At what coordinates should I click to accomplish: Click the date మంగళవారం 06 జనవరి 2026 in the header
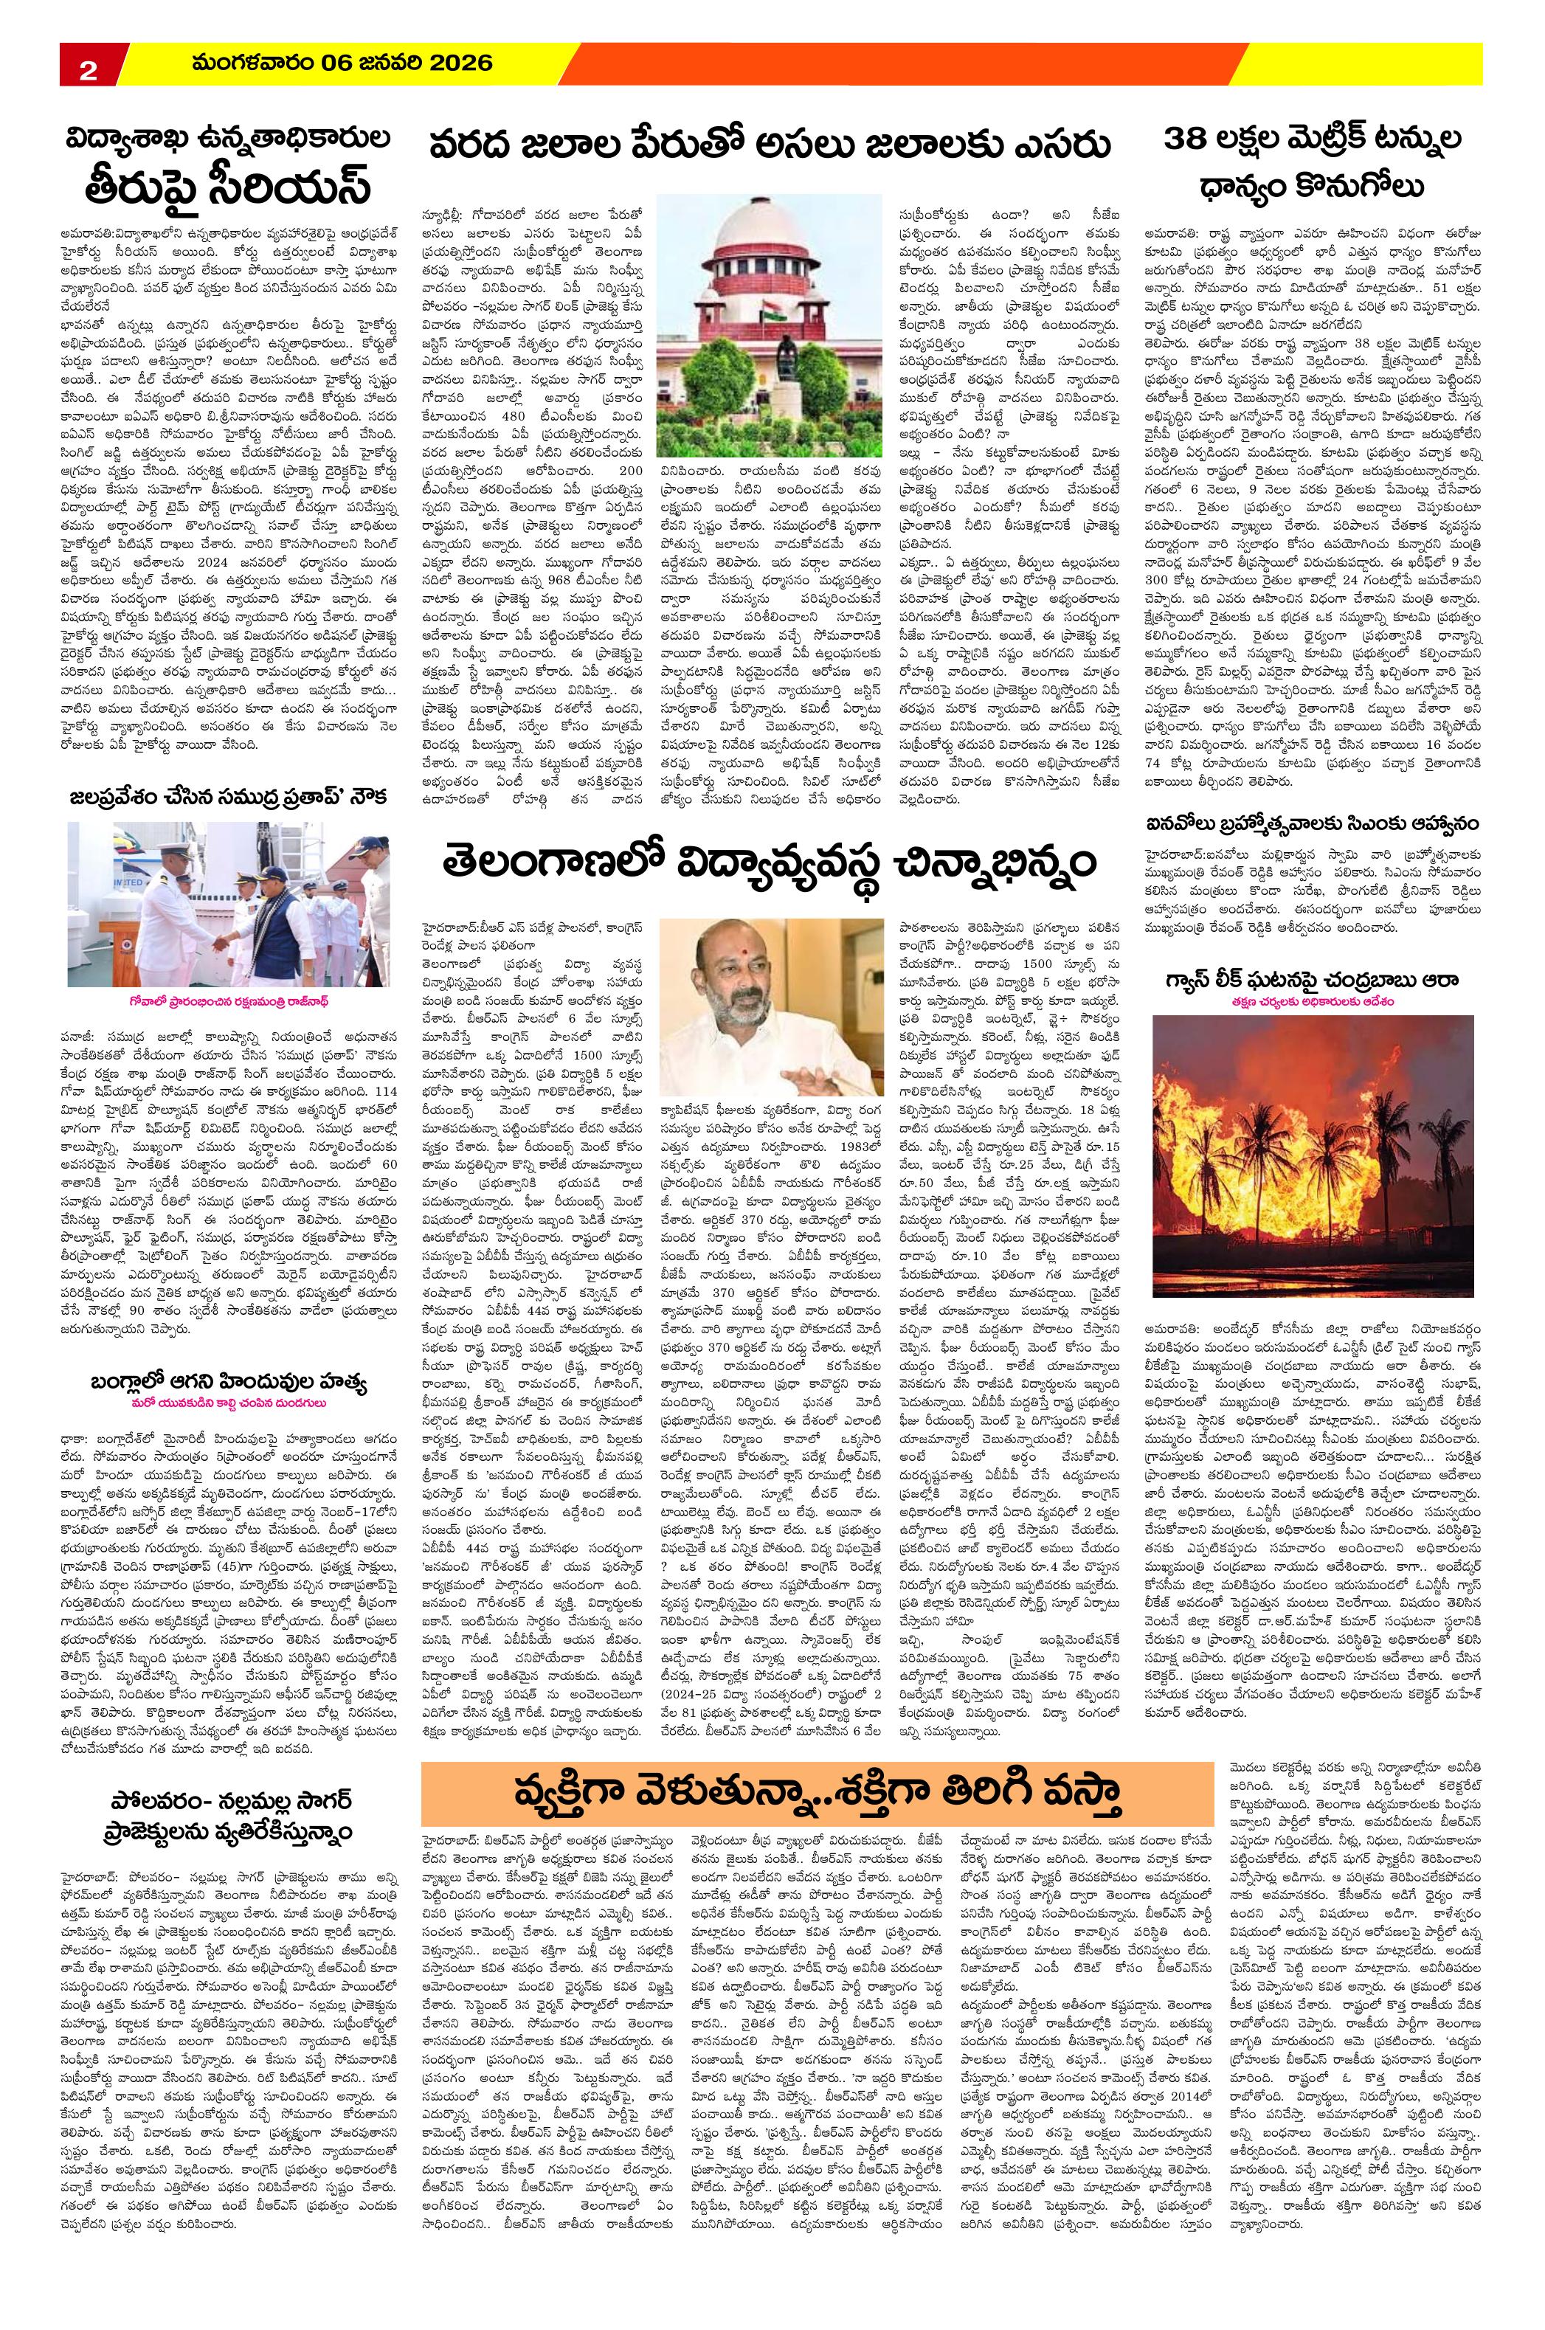point(343,65)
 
